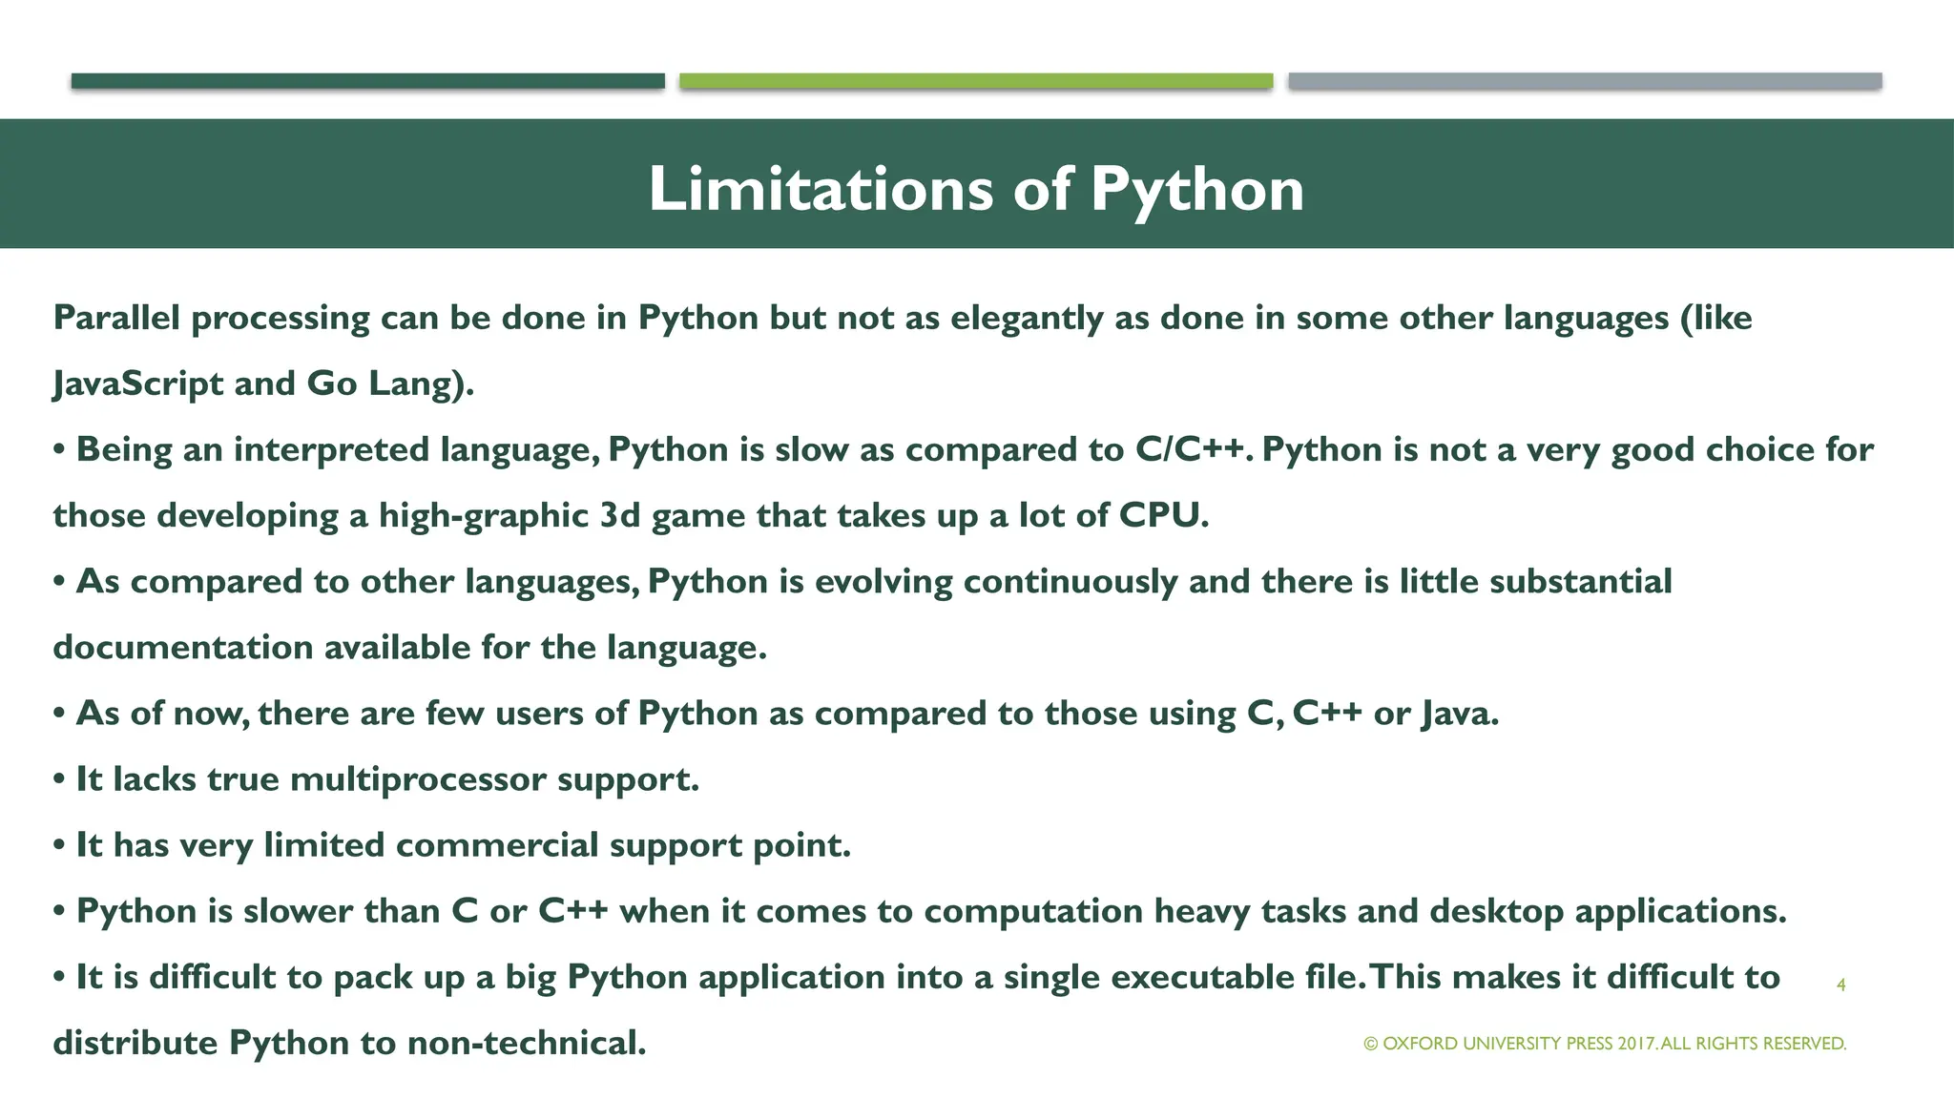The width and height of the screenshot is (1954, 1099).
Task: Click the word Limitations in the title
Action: (x=821, y=189)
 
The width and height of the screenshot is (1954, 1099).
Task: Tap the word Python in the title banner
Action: (x=1196, y=189)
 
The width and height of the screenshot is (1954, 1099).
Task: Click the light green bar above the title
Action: (x=976, y=81)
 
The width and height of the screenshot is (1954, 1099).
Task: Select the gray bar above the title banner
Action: (x=1585, y=81)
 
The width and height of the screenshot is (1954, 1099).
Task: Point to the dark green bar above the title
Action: (x=367, y=81)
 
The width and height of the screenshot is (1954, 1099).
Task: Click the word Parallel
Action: (x=116, y=318)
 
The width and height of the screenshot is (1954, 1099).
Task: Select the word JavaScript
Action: (x=137, y=384)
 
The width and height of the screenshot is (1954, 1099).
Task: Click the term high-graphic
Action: (x=484, y=515)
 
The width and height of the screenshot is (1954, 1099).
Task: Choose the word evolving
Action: (x=883, y=581)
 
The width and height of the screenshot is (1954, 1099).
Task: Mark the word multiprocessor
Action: (x=419, y=779)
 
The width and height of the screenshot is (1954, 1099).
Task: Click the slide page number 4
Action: (x=1840, y=985)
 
